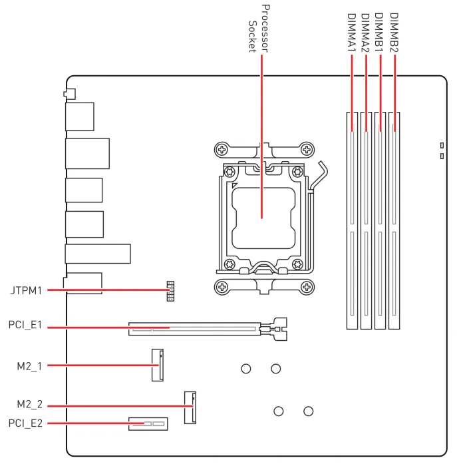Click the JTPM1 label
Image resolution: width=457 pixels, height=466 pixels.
[x=26, y=290]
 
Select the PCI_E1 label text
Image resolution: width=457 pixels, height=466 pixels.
[x=26, y=327]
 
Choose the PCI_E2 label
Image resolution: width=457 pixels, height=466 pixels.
[x=26, y=423]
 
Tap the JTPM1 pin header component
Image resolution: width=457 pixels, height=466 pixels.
[x=170, y=291]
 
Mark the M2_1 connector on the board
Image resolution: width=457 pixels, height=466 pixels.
[x=157, y=365]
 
